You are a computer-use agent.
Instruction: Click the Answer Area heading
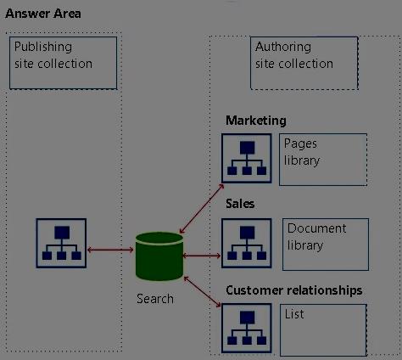pos(43,14)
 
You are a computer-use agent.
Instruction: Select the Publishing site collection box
pos(63,63)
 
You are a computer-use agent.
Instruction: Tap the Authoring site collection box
pos(304,63)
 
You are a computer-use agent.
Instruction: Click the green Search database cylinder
pos(159,256)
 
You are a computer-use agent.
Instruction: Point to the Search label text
pos(155,299)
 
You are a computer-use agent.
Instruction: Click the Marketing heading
pos(256,121)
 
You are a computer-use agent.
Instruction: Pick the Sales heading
pos(240,204)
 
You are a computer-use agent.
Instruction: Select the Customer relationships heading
pos(294,290)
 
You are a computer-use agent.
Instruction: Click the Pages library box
pos(323,160)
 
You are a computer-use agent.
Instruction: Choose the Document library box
pos(326,245)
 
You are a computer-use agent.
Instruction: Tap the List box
pos(323,329)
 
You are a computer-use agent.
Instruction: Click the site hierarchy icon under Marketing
pos(247,158)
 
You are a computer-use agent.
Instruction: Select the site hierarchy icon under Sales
pos(247,243)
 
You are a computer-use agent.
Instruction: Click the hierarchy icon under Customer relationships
pos(247,329)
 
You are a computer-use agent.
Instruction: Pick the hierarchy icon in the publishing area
pos(61,243)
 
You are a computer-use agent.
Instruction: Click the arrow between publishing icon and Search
pos(110,250)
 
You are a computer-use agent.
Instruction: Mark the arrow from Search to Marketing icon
pos(202,209)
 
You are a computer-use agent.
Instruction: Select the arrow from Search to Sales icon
pos(202,256)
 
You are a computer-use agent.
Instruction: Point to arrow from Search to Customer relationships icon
pos(202,292)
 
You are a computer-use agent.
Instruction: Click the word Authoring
pos(283,48)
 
